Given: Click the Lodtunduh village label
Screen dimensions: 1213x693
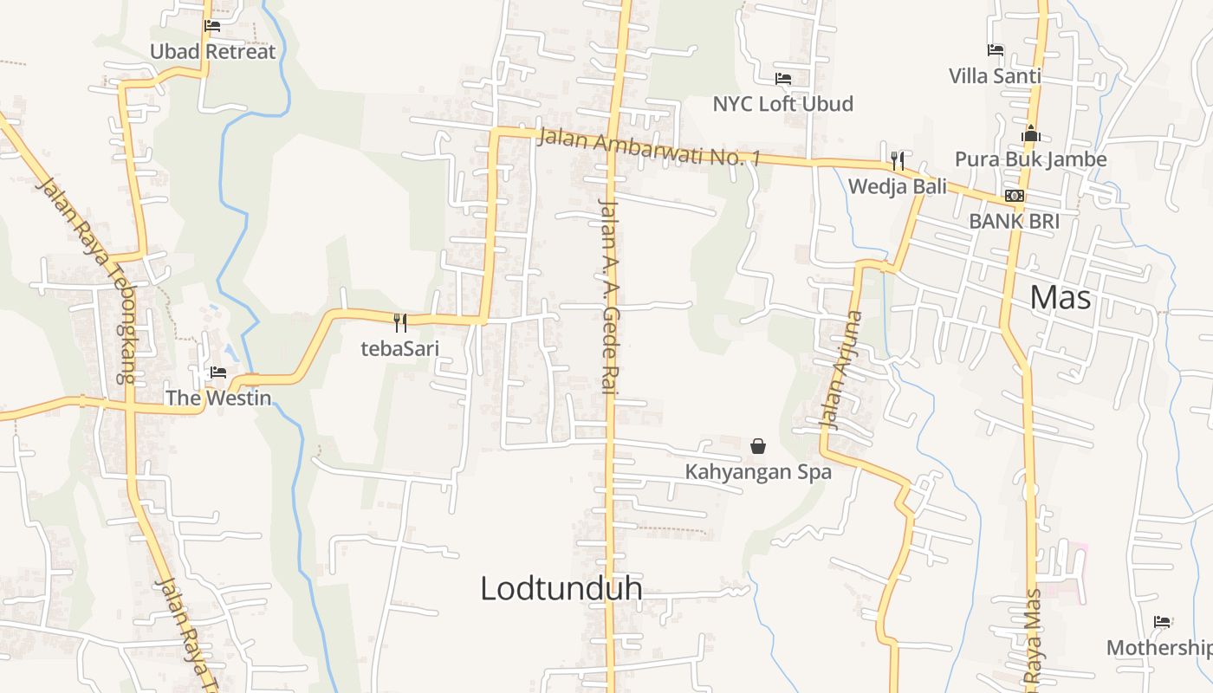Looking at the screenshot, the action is pos(561,588).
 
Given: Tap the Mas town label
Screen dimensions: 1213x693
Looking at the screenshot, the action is pos(1061,298).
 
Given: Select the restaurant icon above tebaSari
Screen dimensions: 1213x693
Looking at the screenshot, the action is pos(400,323).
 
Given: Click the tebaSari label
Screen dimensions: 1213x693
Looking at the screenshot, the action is pos(400,349).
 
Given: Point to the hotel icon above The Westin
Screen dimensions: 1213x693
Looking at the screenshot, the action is pos(218,372).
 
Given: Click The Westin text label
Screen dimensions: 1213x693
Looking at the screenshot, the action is pos(218,398).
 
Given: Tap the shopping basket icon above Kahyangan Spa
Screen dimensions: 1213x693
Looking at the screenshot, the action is pos(758,446).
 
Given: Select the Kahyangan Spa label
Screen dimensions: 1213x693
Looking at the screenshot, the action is pos(758,472).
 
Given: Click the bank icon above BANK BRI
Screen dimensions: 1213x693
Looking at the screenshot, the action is pos(1015,196).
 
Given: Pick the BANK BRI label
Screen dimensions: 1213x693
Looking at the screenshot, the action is pos(1014,221).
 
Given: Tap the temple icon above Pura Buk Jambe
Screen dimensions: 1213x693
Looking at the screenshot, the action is pos(1031,134).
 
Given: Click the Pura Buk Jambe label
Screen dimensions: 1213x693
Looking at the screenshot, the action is pos(1030,159).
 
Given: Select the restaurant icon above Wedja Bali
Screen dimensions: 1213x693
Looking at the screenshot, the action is pos(898,161).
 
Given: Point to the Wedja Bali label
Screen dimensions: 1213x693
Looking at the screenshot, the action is pos(898,186).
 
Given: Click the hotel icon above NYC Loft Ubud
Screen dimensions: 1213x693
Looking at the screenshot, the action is pos(783,79).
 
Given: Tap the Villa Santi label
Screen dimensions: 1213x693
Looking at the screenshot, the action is pos(995,76).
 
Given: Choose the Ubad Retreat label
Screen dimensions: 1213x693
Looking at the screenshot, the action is pos(212,51).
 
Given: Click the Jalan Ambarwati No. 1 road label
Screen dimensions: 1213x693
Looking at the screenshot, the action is pos(648,147).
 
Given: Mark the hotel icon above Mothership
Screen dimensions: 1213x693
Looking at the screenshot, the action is pos(1163,622).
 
